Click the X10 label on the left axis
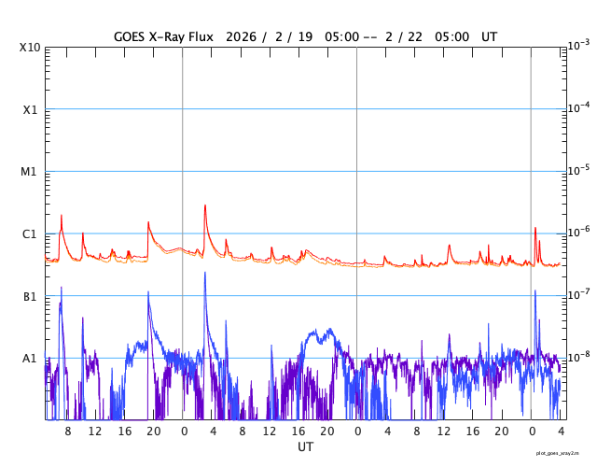pos(30,48)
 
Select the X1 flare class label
pos(30,110)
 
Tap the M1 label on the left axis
pos(30,172)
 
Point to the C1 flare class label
pos(30,234)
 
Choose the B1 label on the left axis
pos(30,297)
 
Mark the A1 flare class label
pos(30,359)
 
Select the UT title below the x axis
pos(305,447)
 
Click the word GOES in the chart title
pos(131,35)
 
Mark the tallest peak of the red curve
pos(205,205)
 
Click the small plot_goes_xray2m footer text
pos(564,452)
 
